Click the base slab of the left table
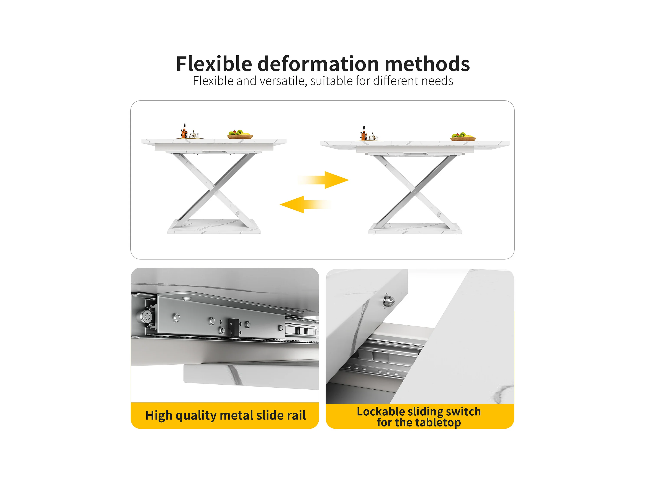tap(214, 226)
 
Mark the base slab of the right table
tap(415, 228)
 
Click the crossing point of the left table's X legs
tap(214, 186)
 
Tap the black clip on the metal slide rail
tap(234, 327)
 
